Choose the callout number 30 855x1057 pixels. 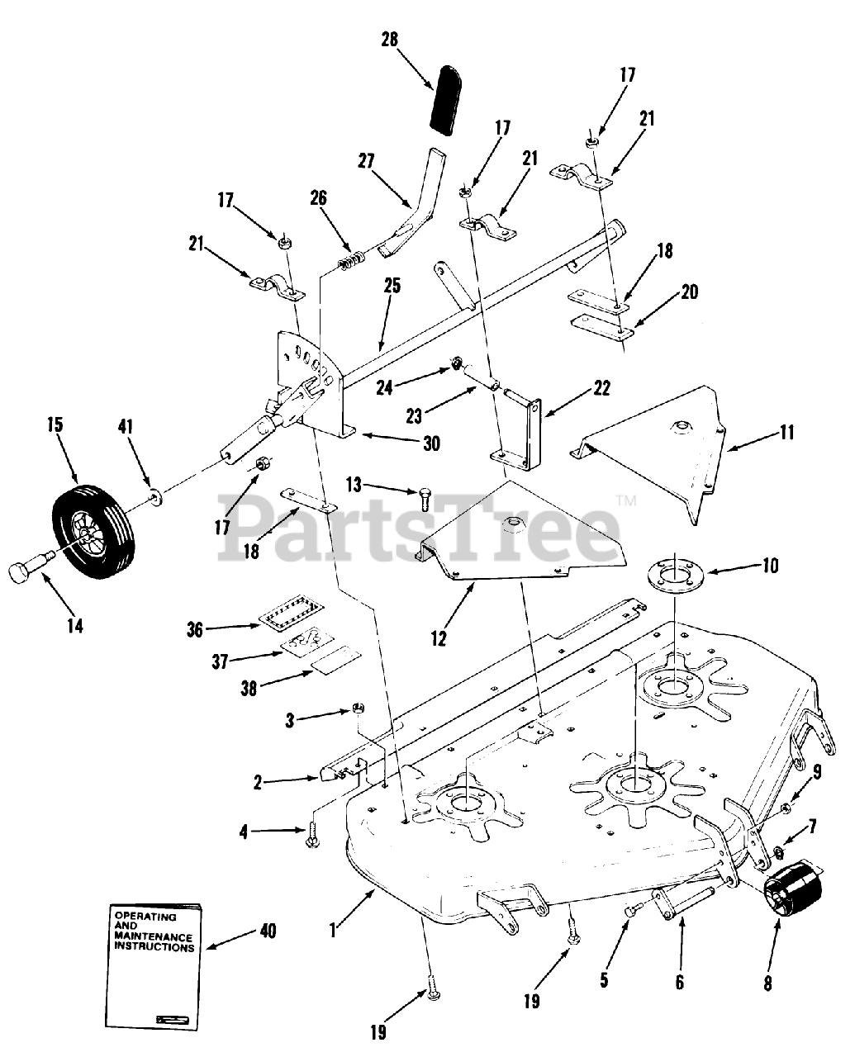pyautogui.click(x=430, y=443)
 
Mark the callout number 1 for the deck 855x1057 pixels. pyautogui.click(x=332, y=931)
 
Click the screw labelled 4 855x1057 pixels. pyautogui.click(x=314, y=833)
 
